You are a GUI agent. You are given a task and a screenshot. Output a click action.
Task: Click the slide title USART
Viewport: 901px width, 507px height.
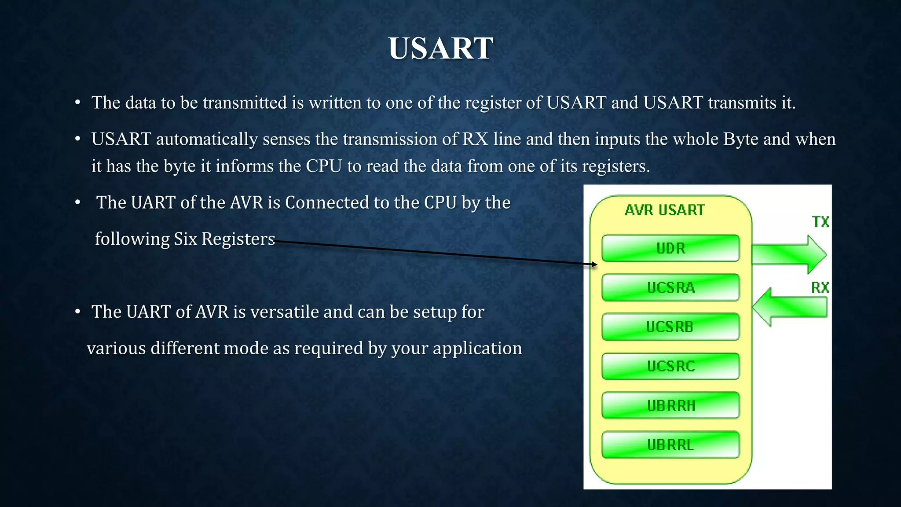pos(440,48)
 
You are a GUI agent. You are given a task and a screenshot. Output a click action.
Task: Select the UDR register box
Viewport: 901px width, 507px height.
pos(670,248)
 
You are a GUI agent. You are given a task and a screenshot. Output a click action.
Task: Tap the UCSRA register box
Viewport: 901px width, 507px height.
pos(670,287)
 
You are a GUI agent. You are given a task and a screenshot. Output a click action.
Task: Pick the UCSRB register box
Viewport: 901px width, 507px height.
pos(670,327)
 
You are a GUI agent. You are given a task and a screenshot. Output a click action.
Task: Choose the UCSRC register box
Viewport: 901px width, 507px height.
pos(670,366)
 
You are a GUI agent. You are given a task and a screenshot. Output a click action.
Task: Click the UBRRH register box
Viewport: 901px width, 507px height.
pos(670,405)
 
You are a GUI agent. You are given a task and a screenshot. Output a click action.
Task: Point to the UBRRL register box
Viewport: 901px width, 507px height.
pos(670,445)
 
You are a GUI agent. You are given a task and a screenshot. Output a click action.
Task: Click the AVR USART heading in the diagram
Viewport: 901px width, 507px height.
pos(664,210)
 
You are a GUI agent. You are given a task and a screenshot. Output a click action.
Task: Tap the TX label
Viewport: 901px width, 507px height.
pos(820,222)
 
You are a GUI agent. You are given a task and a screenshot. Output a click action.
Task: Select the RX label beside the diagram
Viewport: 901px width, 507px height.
pos(820,288)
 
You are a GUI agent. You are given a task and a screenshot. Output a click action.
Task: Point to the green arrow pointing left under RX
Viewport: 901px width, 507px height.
pos(790,307)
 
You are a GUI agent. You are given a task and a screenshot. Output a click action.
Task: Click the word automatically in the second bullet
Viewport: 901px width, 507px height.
pos(207,139)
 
